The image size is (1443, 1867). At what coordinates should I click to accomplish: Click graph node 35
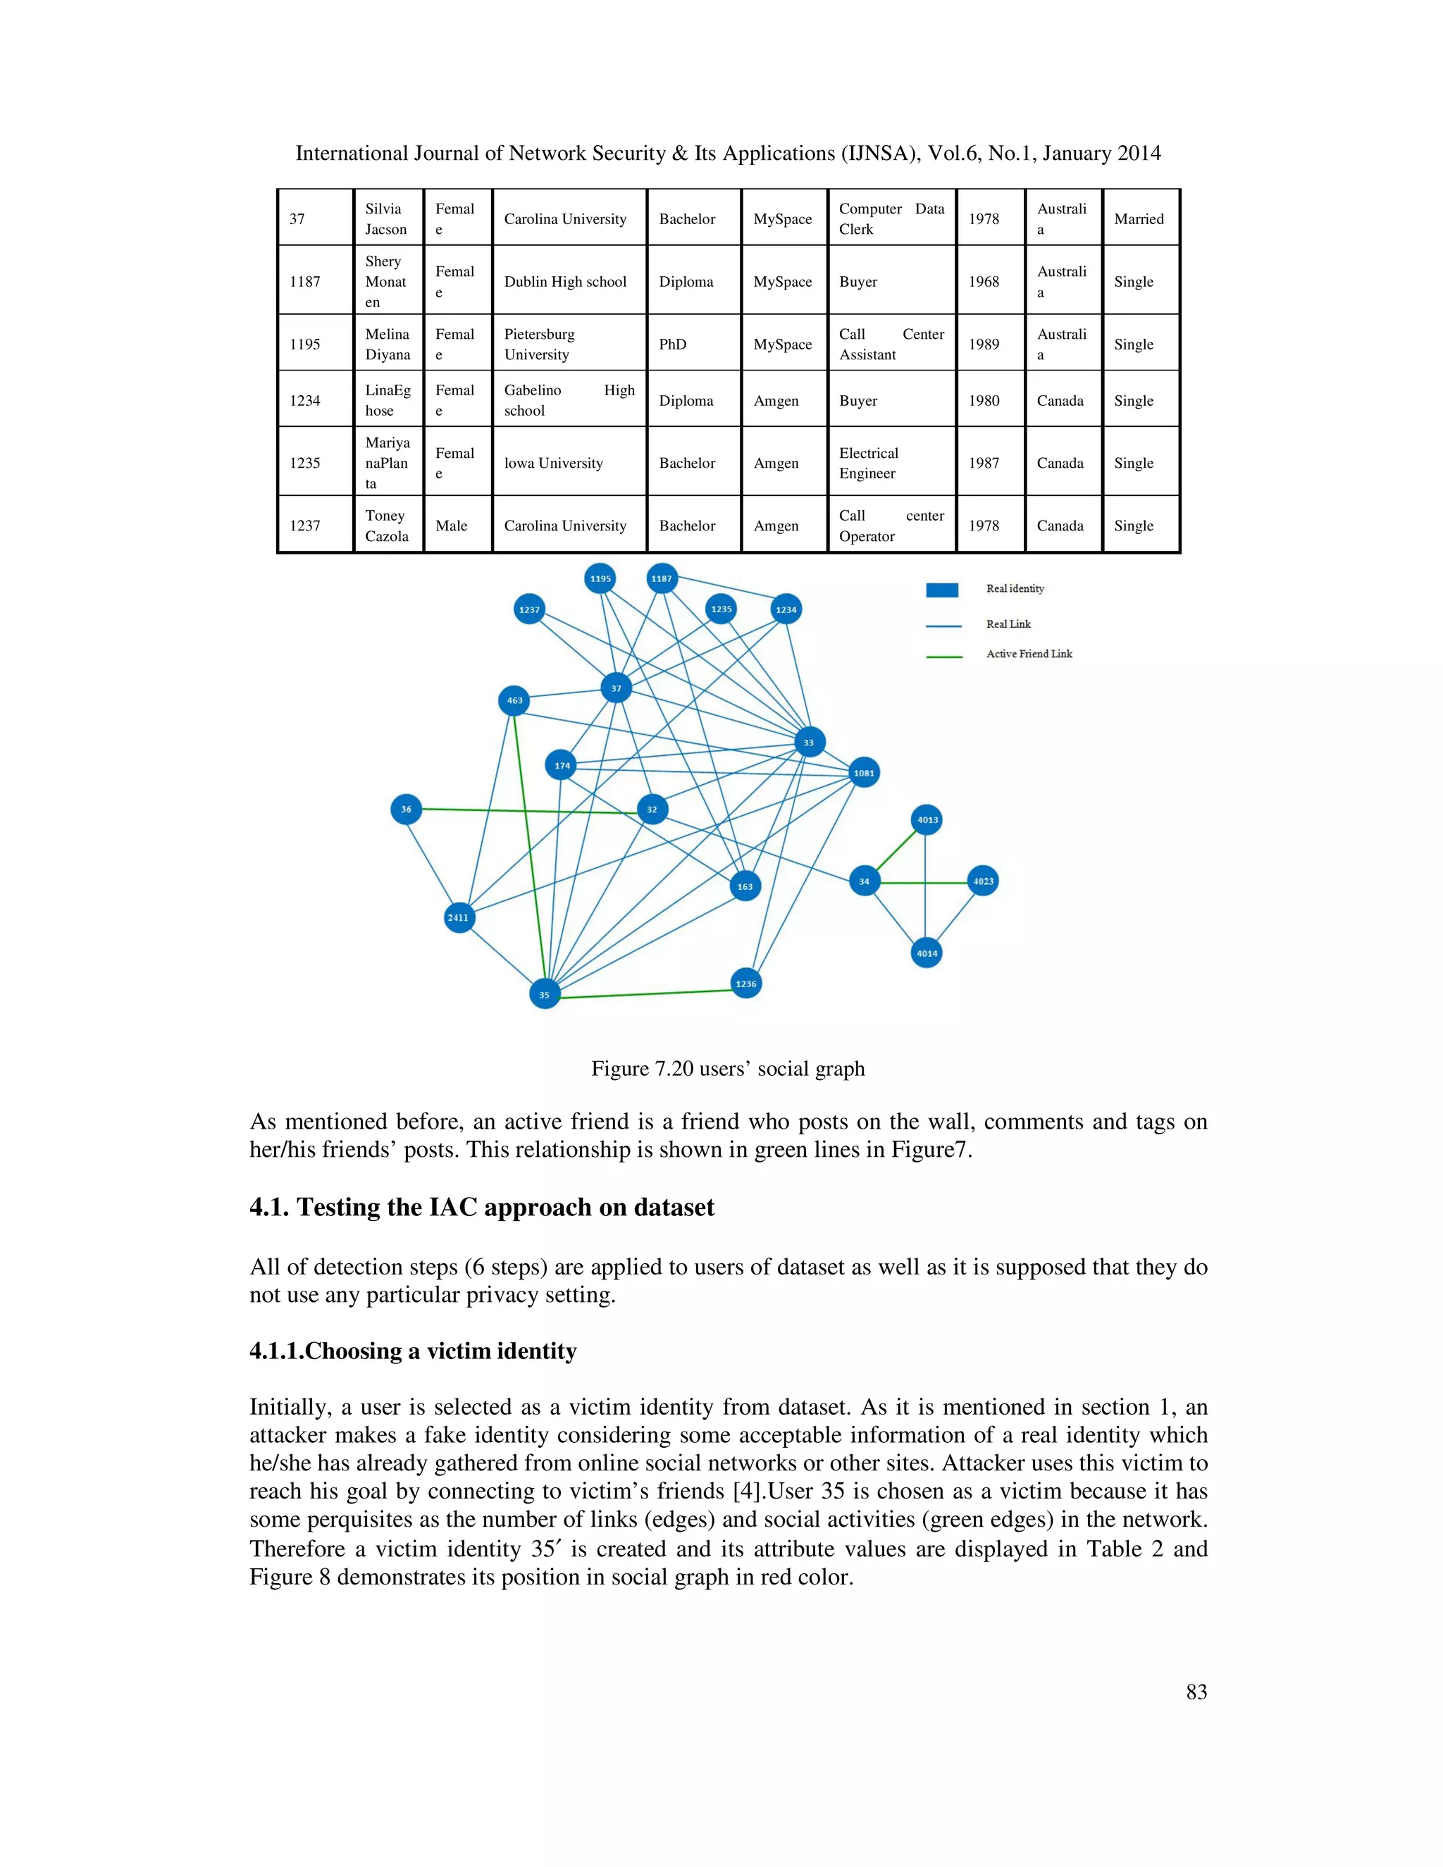[x=545, y=993]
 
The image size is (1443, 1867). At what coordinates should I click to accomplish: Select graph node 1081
[x=865, y=773]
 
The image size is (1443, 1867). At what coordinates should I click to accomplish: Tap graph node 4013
[x=927, y=820]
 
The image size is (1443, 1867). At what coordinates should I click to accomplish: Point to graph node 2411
[x=459, y=917]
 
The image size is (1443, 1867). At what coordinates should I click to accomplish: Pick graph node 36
[x=406, y=809]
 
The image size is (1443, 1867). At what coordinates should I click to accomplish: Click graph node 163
[x=745, y=886]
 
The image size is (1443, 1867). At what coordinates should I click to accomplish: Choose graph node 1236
[x=746, y=984]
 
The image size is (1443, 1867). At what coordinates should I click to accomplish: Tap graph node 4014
[x=927, y=953]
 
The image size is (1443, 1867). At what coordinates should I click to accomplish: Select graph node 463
[x=514, y=700]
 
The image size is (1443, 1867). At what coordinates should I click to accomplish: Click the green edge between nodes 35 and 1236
[x=645, y=995]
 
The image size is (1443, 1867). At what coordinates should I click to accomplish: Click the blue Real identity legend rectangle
[x=942, y=590]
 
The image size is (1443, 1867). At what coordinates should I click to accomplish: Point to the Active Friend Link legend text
[x=1029, y=654]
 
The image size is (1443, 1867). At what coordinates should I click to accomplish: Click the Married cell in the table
[x=1139, y=219]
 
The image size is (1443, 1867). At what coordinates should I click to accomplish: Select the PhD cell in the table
[x=673, y=345]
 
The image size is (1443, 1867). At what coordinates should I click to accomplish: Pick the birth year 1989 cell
[x=984, y=345]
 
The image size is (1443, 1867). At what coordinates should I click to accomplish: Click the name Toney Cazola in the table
[x=386, y=526]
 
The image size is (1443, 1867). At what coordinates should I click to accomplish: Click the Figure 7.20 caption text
[x=727, y=1069]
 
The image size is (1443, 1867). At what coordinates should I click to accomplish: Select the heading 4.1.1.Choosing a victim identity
[x=413, y=1351]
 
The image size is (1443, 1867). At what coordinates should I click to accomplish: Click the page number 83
[x=1196, y=1692]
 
